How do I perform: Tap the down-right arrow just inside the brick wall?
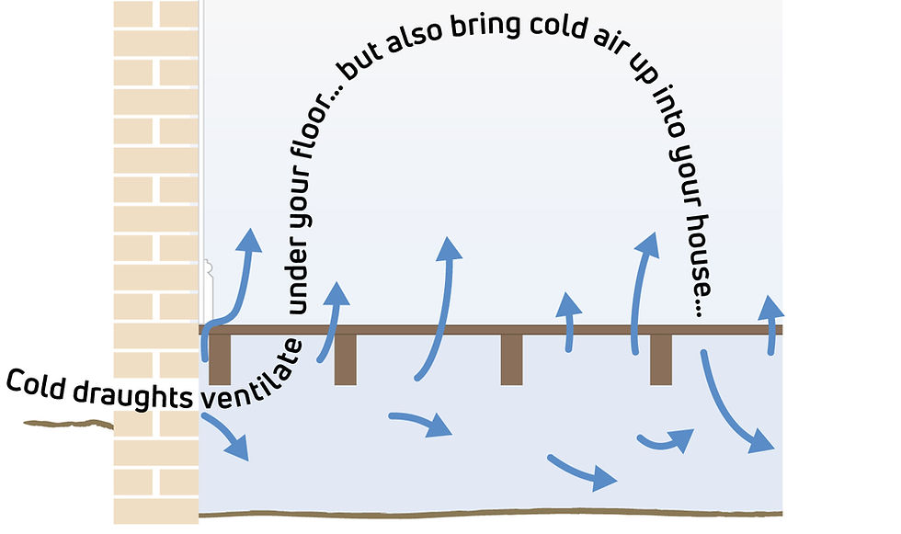227,437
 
